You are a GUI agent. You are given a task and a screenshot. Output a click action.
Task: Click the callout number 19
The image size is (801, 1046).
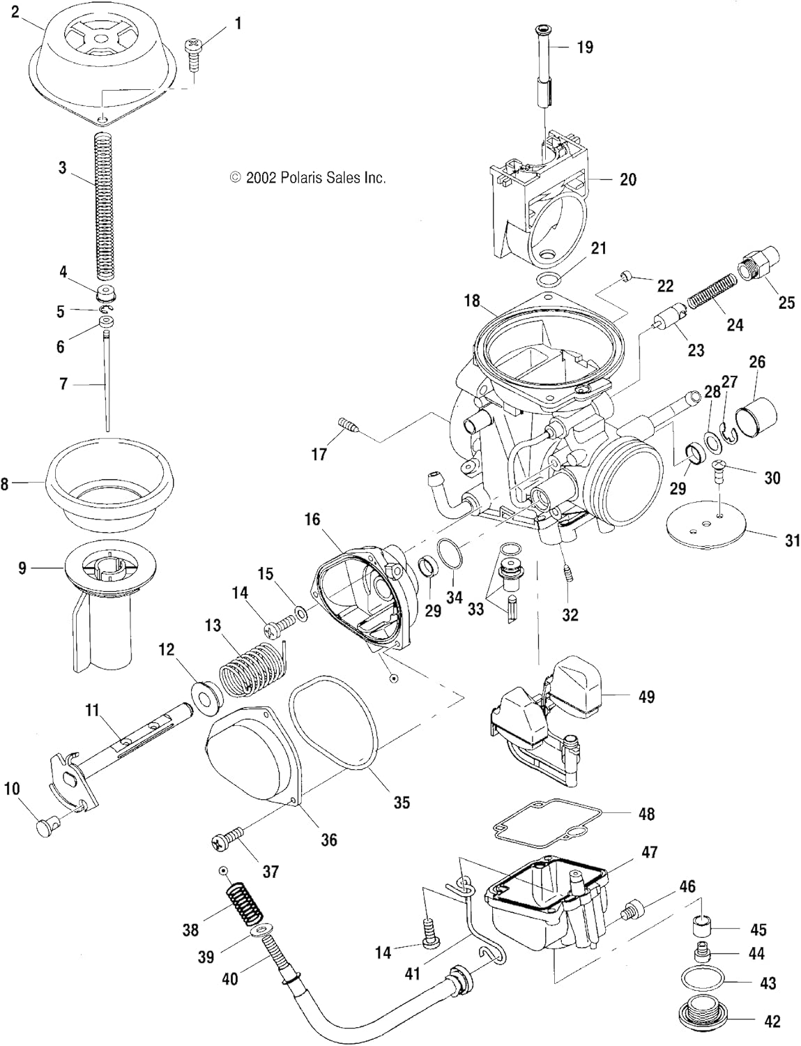pyautogui.click(x=585, y=47)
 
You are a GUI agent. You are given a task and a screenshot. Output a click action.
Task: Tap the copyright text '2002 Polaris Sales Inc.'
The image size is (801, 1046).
pyautogui.click(x=307, y=178)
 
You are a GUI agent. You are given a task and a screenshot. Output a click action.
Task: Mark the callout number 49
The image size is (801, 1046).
pyautogui.click(x=646, y=697)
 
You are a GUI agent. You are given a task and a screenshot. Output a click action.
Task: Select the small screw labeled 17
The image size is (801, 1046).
pyautogui.click(x=347, y=425)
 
